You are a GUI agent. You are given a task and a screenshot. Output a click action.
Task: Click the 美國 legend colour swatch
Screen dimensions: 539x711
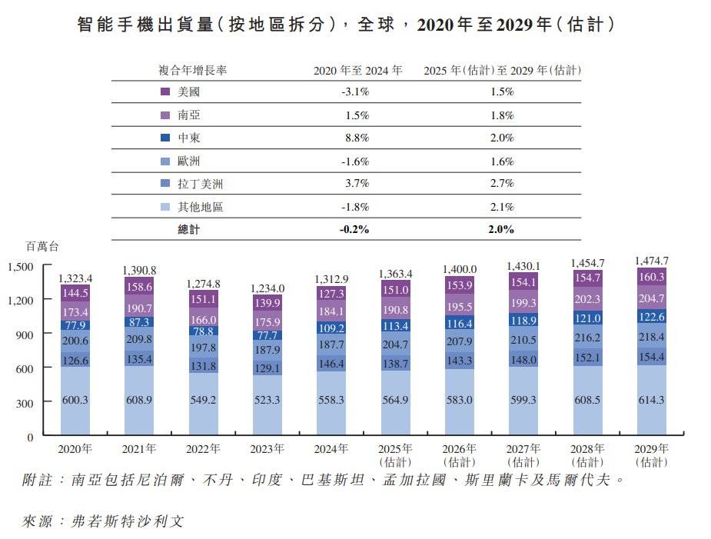tap(164, 91)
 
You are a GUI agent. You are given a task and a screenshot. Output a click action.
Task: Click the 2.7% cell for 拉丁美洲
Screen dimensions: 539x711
tap(501, 184)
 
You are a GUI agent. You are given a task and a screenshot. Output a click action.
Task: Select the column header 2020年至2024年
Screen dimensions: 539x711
tap(357, 70)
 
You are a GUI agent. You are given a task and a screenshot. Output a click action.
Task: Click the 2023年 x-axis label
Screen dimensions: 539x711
tap(267, 449)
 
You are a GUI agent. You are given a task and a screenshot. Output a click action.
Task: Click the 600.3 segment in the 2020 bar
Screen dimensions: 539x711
tap(76, 401)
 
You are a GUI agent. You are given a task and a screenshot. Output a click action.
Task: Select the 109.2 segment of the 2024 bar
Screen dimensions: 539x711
tap(332, 328)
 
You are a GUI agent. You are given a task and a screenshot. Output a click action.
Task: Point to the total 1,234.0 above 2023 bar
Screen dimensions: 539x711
tap(267, 288)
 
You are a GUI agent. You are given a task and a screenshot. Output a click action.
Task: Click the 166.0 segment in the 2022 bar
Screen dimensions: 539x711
tap(204, 319)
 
